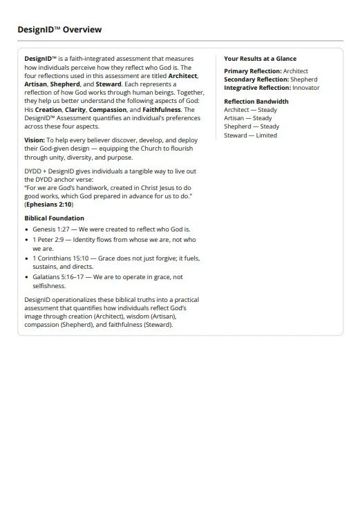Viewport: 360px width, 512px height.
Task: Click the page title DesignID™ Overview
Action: pyautogui.click(x=59, y=30)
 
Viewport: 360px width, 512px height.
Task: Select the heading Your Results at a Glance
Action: pyautogui.click(x=260, y=59)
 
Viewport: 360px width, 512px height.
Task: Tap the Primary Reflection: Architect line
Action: pyautogui.click(x=266, y=71)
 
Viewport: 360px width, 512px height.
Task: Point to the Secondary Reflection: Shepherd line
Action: pyautogui.click(x=271, y=79)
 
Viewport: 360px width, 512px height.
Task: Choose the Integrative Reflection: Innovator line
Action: pyautogui.click(x=272, y=88)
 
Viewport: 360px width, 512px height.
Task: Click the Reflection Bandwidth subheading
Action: pyautogui.click(x=256, y=102)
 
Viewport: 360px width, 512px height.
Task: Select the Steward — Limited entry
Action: pyautogui.click(x=250, y=135)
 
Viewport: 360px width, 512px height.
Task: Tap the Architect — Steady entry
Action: pyautogui.click(x=250, y=110)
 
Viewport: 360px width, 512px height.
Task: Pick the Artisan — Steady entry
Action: pyautogui.click(x=248, y=118)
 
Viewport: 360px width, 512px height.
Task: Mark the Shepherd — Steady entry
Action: pyautogui.click(x=252, y=126)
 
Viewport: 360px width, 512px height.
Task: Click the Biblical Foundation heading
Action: pyautogui.click(x=54, y=218)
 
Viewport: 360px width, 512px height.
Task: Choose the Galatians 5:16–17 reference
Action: pyautogui.click(x=57, y=276)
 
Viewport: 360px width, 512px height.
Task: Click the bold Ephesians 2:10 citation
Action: pyautogui.click(x=50, y=205)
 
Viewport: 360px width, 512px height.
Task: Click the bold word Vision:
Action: pyautogui.click(x=35, y=140)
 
